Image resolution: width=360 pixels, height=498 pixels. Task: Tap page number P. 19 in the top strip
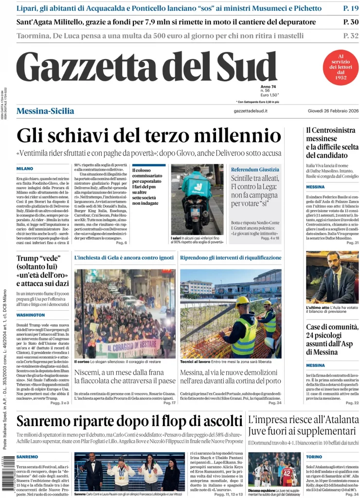[x=350, y=8]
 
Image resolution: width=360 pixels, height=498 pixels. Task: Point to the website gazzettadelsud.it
[x=251, y=111]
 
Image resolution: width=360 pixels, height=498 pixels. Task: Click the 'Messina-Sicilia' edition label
[x=45, y=111]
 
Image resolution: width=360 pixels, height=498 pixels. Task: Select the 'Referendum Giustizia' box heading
[x=255, y=169]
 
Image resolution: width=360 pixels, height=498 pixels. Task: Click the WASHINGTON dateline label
[x=30, y=315]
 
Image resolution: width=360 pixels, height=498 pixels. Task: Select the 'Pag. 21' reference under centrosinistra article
[x=352, y=243]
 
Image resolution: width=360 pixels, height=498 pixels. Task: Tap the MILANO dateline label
[x=24, y=168]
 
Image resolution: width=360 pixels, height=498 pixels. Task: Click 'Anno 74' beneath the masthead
[x=269, y=86]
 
